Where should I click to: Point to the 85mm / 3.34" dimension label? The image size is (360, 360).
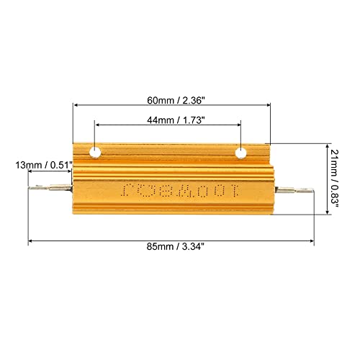171,246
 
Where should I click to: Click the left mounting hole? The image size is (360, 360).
95,153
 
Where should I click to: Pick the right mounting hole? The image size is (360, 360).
240,153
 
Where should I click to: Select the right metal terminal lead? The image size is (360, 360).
297,192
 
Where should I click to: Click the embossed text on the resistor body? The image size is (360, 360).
170,192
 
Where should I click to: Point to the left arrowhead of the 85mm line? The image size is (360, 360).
30,240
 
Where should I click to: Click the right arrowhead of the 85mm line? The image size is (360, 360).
312,240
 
